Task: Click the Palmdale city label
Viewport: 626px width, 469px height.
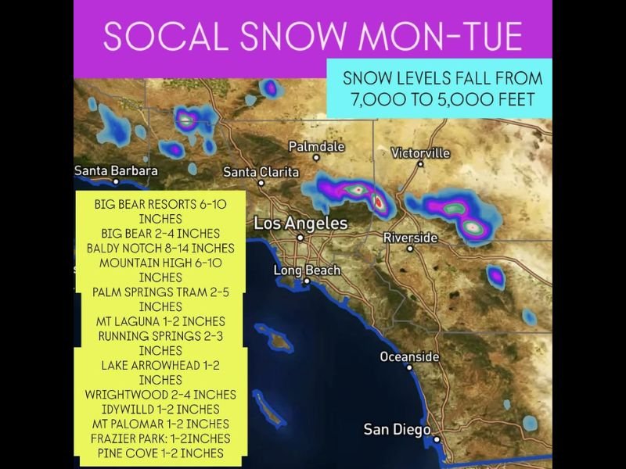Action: (316, 146)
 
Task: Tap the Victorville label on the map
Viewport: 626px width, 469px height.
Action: (420, 152)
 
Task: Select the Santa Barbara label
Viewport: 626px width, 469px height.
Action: (116, 170)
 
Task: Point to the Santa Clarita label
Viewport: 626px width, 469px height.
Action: (261, 171)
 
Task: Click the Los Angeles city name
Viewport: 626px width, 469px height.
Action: (300, 224)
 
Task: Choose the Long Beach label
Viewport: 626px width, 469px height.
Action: (307, 270)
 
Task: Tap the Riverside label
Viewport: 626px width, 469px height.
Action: (410, 238)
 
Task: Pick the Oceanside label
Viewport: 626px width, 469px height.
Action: (409, 356)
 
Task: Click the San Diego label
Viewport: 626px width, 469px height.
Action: (397, 430)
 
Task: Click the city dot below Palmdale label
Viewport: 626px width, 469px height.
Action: (316, 157)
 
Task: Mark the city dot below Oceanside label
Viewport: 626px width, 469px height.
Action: (409, 367)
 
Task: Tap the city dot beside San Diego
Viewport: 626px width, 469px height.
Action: (437, 439)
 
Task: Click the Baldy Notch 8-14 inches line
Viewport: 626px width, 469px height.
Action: (160, 248)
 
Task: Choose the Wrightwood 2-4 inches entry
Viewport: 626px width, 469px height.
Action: (160, 394)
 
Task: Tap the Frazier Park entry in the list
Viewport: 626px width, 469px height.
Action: (160, 438)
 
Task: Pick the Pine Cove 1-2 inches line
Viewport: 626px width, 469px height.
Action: (160, 453)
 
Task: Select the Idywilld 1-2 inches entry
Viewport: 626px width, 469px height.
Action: (160, 409)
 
